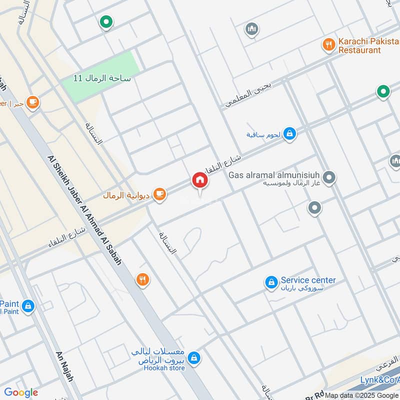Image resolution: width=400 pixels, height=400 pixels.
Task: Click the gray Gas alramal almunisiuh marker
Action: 329,177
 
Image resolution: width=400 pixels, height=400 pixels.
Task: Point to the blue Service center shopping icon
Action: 271,283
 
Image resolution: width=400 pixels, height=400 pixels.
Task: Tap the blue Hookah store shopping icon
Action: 195,358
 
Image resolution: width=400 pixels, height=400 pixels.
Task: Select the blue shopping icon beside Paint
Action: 28,305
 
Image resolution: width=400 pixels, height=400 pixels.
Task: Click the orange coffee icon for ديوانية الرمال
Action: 159,194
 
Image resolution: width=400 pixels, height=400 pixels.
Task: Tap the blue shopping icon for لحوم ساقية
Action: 289,133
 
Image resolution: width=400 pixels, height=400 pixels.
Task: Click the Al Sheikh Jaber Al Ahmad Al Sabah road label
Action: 84,210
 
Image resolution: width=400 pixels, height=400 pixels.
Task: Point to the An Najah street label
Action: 64,365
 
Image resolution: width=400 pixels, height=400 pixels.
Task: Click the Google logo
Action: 21,392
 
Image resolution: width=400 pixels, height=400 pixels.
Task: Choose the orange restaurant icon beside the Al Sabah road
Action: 143,279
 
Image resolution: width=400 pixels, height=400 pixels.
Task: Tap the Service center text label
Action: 308,280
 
